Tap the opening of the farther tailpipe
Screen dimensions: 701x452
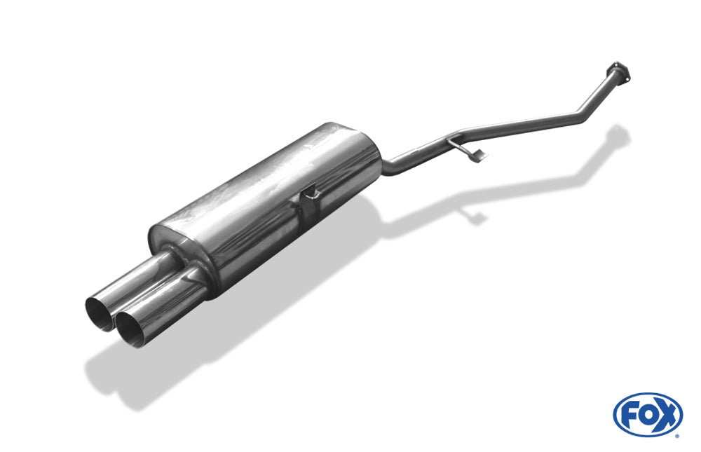[100, 313]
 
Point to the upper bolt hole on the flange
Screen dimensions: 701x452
[616, 65]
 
